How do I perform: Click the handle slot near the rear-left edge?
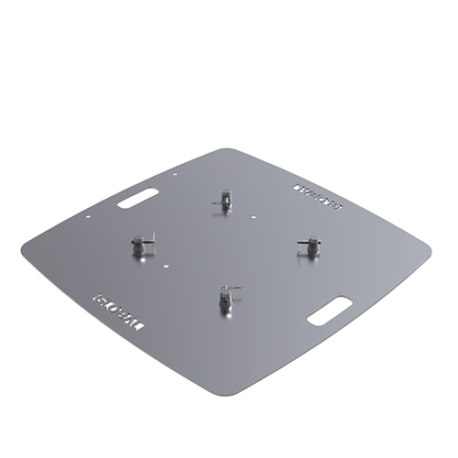[x=138, y=198]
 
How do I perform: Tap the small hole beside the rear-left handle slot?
[x=175, y=173]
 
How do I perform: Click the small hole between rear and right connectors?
[x=253, y=216]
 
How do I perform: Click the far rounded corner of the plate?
[x=229, y=152]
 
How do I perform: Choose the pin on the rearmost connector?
[x=230, y=194]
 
